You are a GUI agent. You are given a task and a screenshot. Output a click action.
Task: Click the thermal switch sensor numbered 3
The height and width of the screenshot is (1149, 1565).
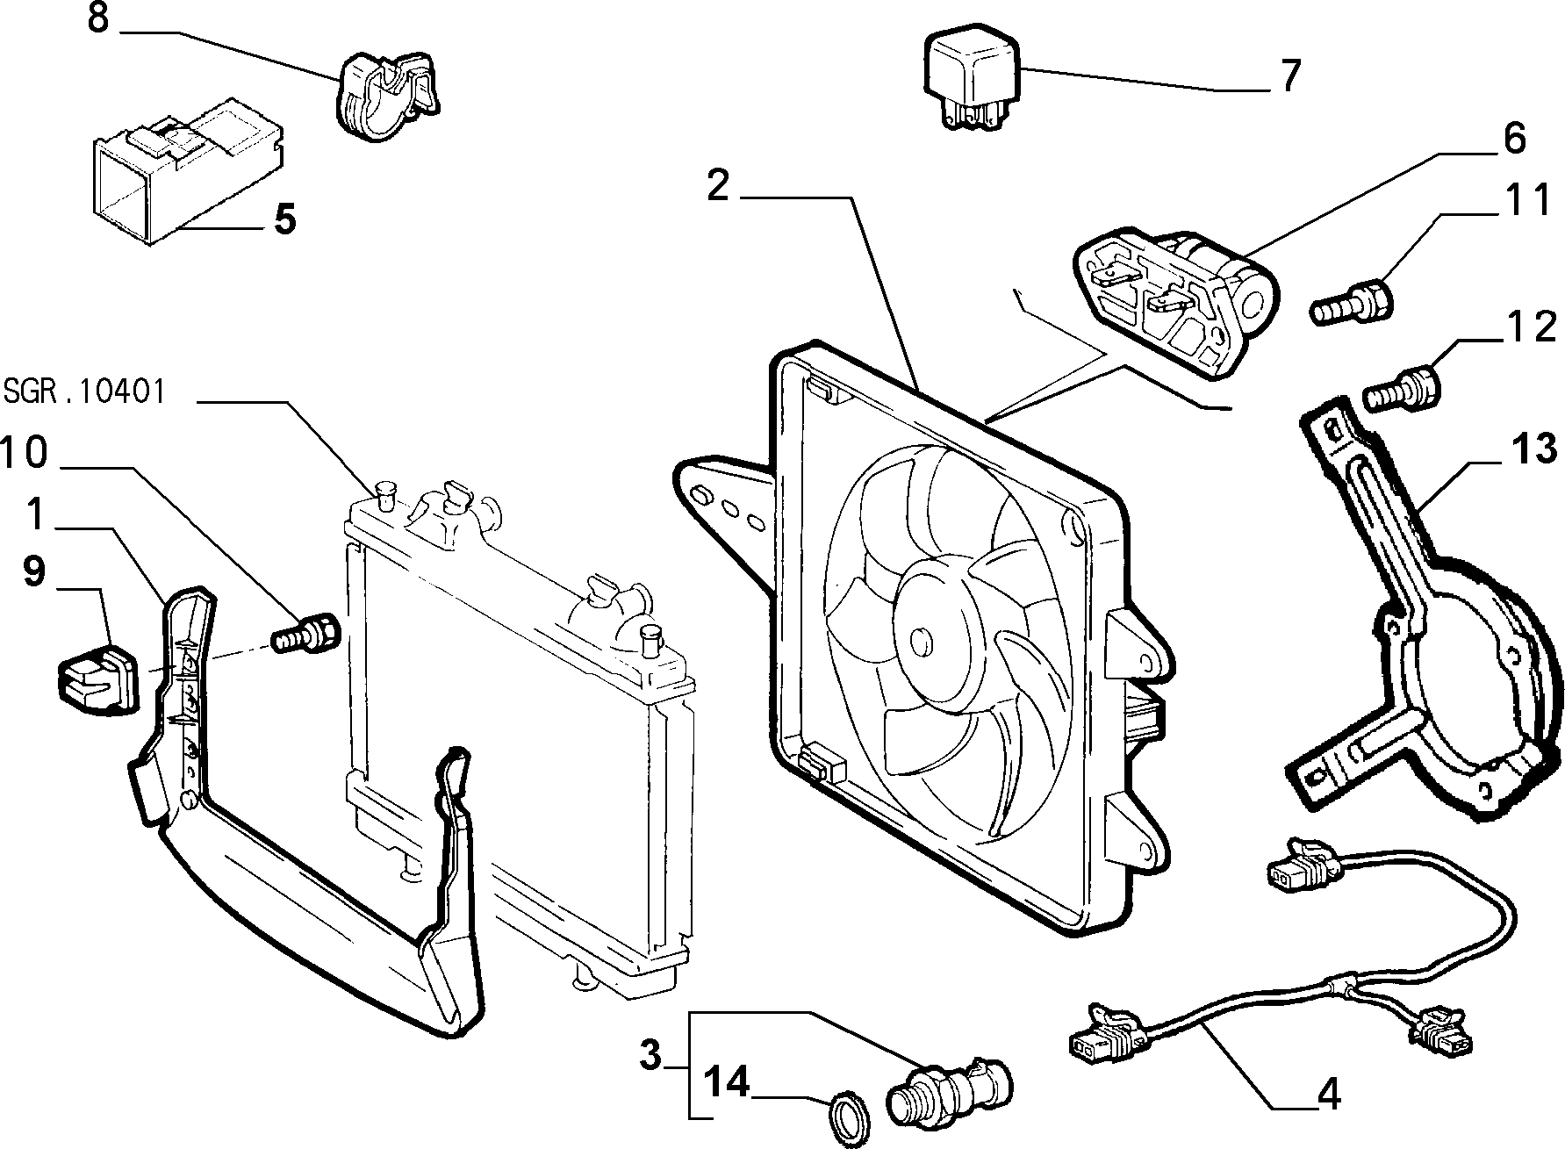coord(948,1087)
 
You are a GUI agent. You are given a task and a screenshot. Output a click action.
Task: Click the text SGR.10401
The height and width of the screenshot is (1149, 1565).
coord(84,391)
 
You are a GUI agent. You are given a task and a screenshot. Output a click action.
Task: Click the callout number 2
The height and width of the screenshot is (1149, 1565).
coord(718,186)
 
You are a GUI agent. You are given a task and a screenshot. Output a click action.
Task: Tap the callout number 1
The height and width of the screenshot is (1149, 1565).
coord(35,514)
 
